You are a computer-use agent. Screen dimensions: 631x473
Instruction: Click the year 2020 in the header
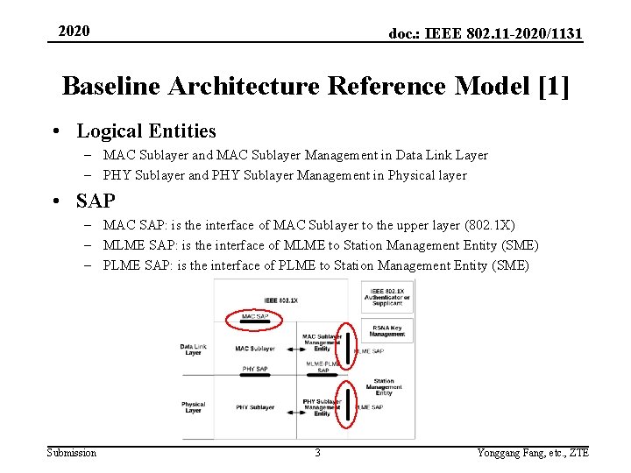[x=74, y=32]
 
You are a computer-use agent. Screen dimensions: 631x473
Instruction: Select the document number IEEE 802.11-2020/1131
[x=486, y=34]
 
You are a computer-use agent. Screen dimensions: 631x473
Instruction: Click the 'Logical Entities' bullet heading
[x=145, y=131]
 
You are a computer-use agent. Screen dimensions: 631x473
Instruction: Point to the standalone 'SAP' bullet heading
[x=96, y=201]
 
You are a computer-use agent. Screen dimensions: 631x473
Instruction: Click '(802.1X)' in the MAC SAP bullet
[x=493, y=225]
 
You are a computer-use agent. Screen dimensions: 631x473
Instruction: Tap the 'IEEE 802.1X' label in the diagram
[x=281, y=300]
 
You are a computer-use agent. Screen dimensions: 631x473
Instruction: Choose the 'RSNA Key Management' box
[x=387, y=330]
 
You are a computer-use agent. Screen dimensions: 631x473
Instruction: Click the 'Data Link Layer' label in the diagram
[x=194, y=349]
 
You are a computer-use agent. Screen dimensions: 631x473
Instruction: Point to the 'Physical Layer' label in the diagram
[x=194, y=407]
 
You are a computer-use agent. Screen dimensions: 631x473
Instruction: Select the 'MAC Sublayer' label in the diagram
[x=255, y=349]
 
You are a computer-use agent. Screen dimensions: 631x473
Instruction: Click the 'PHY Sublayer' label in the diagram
[x=255, y=407]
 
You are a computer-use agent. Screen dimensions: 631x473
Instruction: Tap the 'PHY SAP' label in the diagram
[x=255, y=370]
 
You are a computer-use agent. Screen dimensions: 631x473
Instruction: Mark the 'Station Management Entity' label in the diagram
[x=385, y=386]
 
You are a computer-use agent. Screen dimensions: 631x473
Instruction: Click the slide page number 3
[x=317, y=453]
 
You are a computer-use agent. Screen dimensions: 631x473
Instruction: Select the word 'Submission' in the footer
[x=72, y=453]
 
